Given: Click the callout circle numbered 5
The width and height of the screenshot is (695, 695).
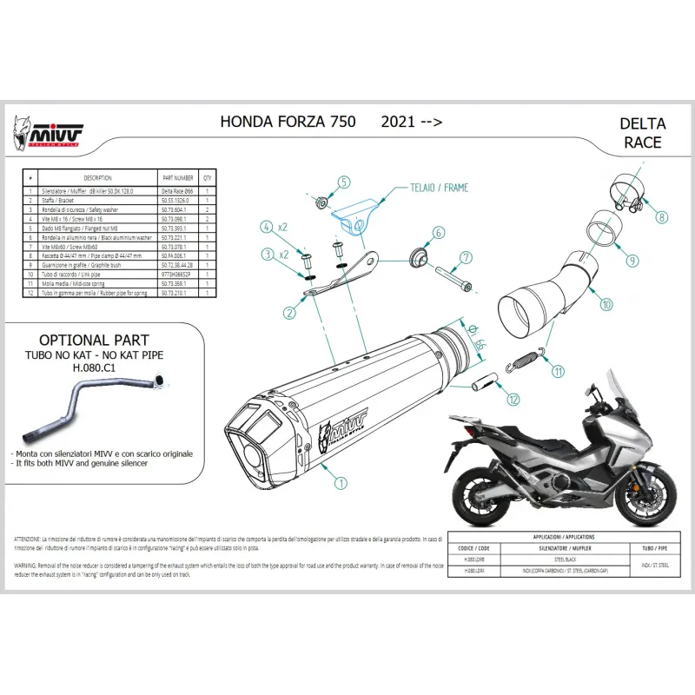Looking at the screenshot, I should [343, 182].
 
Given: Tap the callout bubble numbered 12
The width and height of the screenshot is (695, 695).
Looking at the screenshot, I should [513, 399].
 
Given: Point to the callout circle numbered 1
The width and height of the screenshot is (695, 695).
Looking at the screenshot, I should [341, 481].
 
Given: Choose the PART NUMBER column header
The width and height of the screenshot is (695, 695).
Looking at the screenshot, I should [179, 175].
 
